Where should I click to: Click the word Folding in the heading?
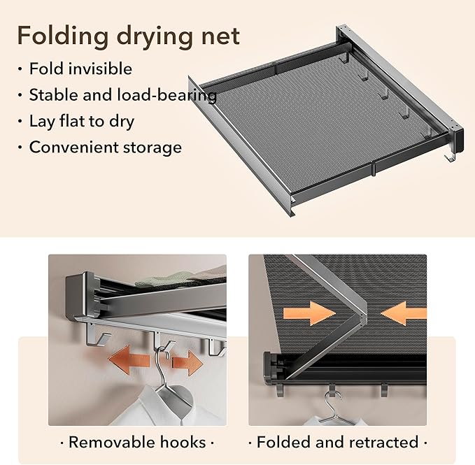tap(63, 36)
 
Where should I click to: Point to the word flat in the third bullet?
tap(72, 121)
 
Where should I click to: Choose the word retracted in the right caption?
tap(384, 443)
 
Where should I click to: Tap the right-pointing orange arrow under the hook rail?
tap(187, 363)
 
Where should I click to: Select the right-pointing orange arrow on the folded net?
tap(310, 313)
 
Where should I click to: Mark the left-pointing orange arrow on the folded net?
tap(404, 313)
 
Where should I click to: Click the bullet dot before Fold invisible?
tap(20, 69)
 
